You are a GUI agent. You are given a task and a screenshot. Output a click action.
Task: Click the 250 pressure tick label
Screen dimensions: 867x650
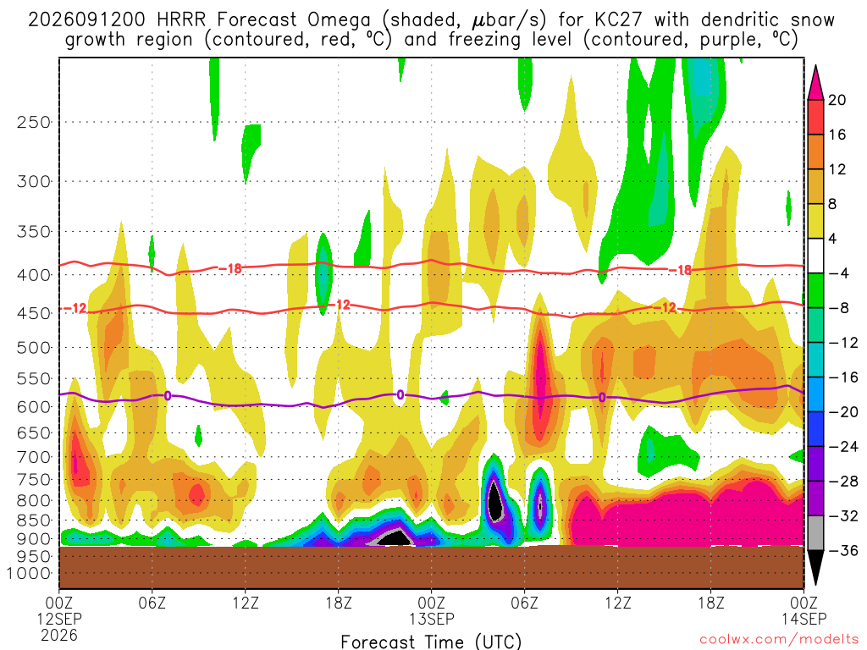tap(33, 122)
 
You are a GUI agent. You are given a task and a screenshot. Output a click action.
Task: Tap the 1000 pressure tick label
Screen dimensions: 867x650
tap(28, 574)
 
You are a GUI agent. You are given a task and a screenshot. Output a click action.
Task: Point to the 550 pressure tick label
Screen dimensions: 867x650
tap(33, 379)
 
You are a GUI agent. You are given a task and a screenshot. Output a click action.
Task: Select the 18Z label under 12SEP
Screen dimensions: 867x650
tap(339, 602)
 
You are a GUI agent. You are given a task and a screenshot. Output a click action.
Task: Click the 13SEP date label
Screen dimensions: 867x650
tap(431, 619)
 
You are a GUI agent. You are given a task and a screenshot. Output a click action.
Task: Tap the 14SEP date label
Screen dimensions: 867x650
tap(803, 619)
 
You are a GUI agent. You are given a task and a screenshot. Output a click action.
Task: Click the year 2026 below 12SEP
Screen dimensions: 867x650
tap(59, 635)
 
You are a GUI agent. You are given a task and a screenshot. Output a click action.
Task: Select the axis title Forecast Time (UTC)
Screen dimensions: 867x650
tap(431, 642)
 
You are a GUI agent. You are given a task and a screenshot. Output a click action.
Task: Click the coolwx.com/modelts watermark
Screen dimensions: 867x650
tap(779, 640)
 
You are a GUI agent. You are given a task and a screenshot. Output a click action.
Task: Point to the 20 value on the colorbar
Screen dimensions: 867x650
tap(837, 100)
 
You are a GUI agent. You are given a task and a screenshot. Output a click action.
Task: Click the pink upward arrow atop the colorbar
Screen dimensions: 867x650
tap(815, 84)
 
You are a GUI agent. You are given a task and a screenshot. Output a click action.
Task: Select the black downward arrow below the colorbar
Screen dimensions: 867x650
tap(815, 566)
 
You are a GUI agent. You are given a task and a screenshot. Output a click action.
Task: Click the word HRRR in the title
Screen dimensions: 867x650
tap(181, 20)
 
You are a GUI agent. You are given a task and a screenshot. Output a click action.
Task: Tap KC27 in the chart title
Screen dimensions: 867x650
tap(618, 20)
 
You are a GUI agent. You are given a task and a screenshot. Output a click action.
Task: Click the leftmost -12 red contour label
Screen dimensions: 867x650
tap(75, 308)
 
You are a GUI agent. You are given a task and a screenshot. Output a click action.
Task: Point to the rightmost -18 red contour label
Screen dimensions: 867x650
tap(680, 270)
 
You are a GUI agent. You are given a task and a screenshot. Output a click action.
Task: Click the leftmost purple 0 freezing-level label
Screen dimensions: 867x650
tap(167, 395)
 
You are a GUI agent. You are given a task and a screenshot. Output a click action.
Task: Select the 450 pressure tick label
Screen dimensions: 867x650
tap(33, 313)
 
